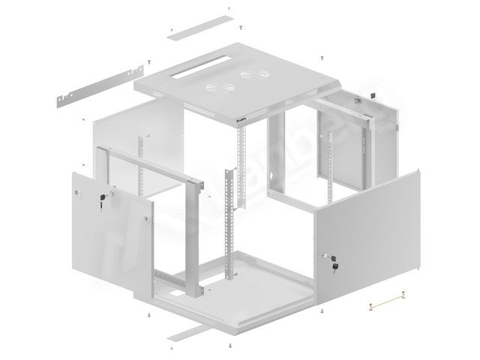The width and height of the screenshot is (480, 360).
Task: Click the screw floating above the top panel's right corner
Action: click(322, 57)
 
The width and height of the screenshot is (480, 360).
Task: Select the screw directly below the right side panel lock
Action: click(321, 309)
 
